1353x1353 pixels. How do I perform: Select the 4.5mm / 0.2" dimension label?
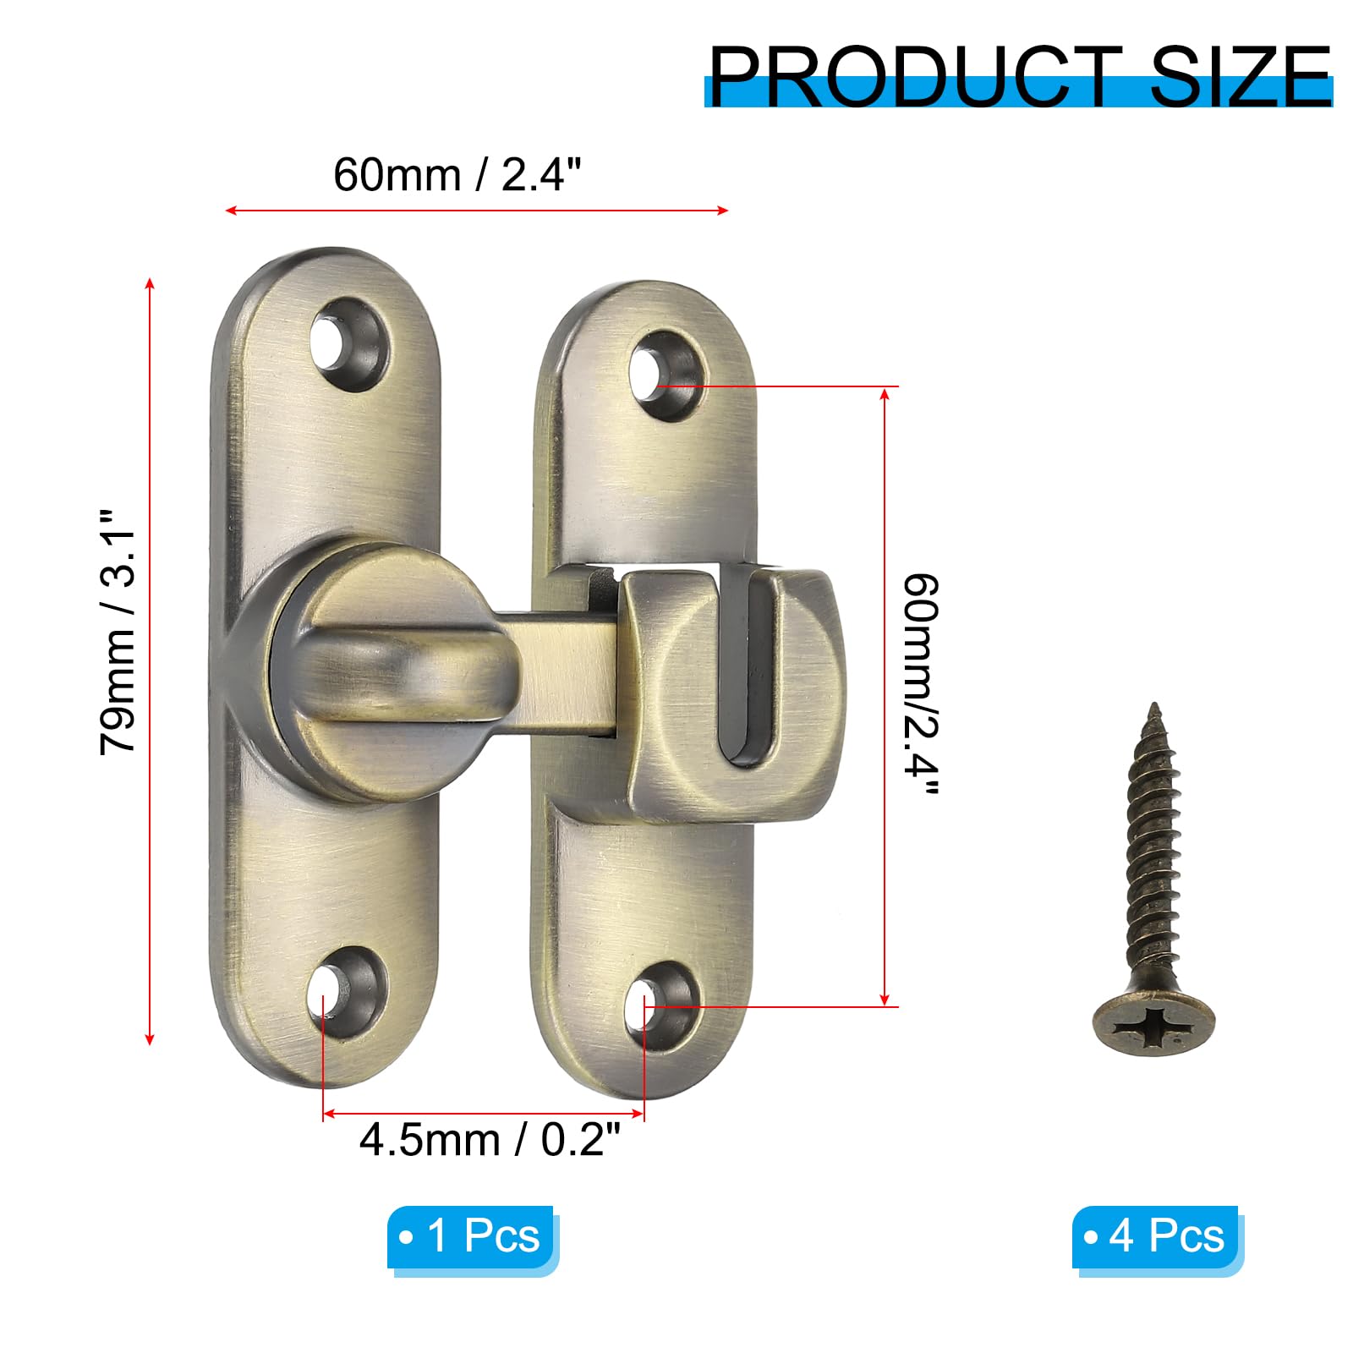(490, 1139)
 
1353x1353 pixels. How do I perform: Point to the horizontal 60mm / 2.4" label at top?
(457, 175)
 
